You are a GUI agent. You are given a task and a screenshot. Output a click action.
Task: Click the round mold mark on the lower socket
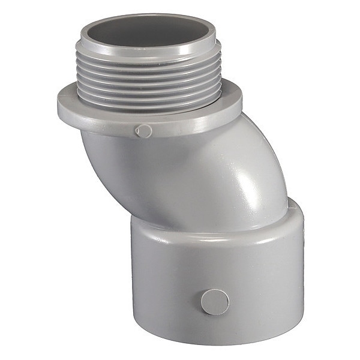point(214,302)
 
